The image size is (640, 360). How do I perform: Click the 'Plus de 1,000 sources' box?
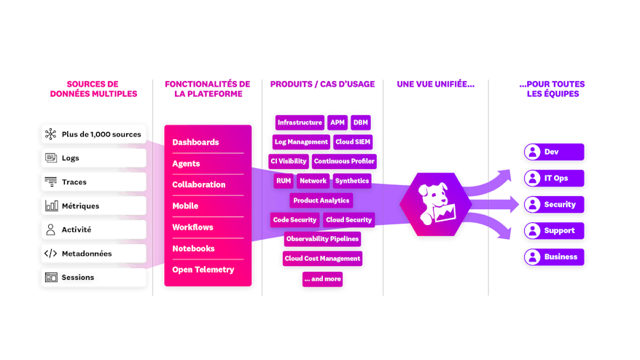pyautogui.click(x=93, y=134)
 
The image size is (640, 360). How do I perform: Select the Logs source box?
pyautogui.click(x=93, y=158)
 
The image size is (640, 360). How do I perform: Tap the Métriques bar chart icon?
pyautogui.click(x=51, y=206)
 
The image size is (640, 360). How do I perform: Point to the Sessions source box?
pyautogui.click(x=93, y=278)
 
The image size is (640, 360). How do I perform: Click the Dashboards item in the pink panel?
pyautogui.click(x=195, y=142)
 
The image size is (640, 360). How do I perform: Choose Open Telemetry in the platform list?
pyautogui.click(x=203, y=270)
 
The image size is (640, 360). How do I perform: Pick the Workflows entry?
pyautogui.click(x=193, y=227)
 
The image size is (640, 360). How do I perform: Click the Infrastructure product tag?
pyautogui.click(x=299, y=122)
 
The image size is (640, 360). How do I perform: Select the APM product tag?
pyautogui.click(x=337, y=122)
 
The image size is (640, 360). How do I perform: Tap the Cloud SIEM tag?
pyautogui.click(x=354, y=142)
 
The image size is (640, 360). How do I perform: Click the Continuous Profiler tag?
pyautogui.click(x=344, y=161)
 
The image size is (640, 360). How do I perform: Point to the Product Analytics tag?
pyautogui.click(x=321, y=200)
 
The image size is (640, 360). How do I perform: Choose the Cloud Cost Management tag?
pyautogui.click(x=322, y=258)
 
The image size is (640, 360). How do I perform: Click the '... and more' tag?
pyautogui.click(x=322, y=278)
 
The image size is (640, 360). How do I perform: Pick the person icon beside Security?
pyautogui.click(x=532, y=205)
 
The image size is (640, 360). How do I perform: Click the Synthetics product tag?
pyautogui.click(x=352, y=181)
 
